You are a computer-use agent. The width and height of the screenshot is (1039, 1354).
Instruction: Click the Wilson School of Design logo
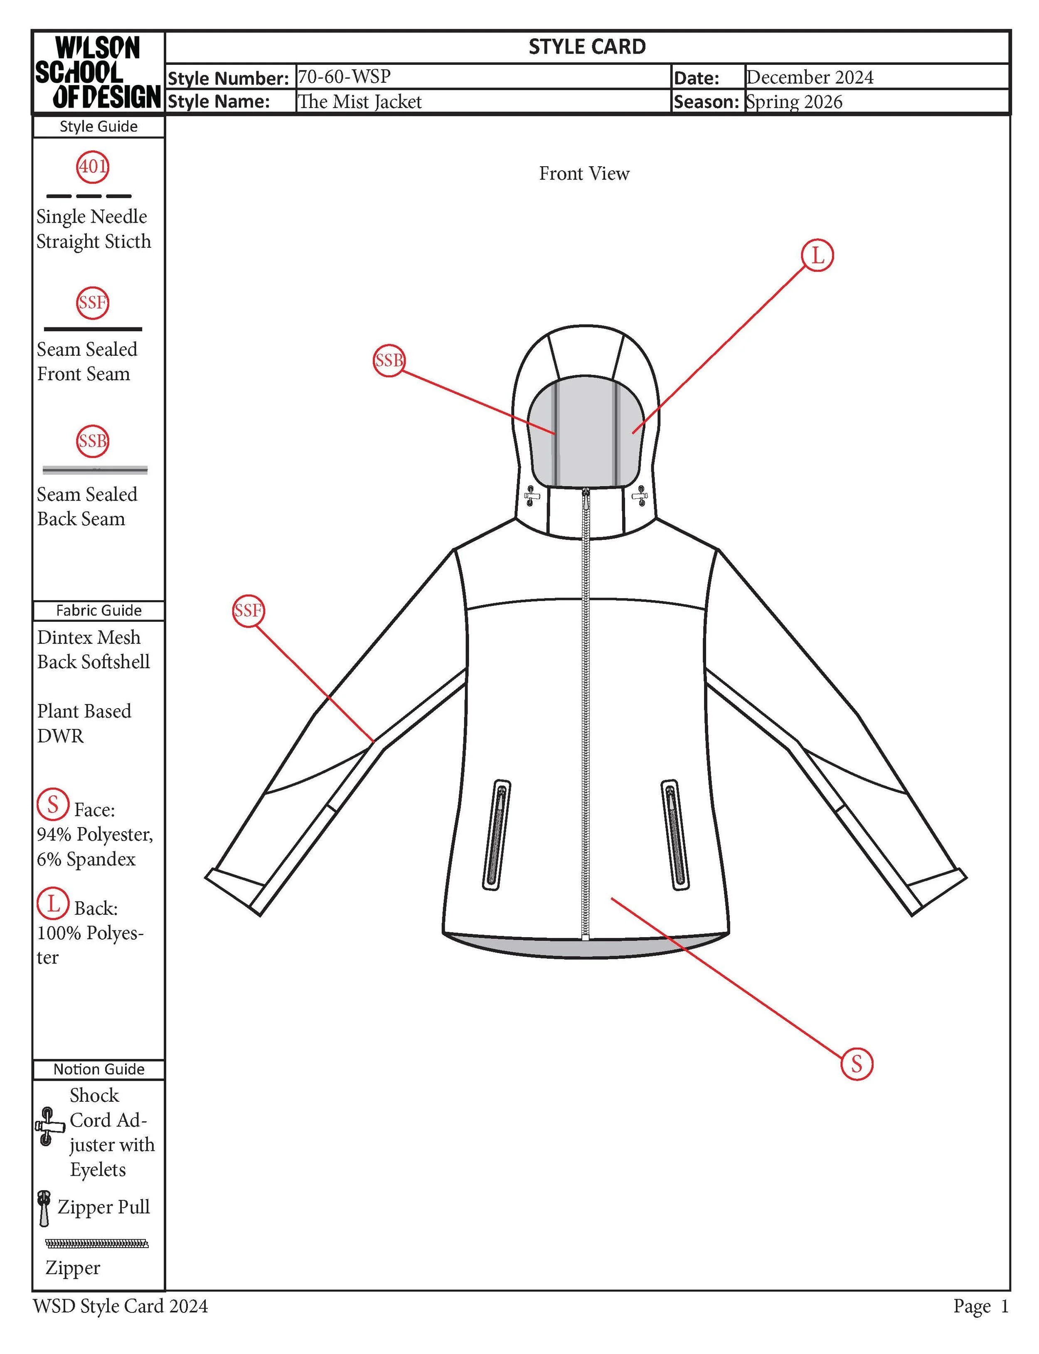98,72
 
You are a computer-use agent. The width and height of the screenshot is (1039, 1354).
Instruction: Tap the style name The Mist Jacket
359,101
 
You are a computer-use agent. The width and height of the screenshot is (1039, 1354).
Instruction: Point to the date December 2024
810,77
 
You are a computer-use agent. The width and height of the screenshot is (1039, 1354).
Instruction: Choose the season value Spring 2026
794,101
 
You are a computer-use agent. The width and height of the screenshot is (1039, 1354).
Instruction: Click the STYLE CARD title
587,47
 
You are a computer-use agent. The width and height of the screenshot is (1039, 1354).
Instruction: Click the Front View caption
584,174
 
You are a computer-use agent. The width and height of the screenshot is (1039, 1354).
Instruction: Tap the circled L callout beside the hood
817,255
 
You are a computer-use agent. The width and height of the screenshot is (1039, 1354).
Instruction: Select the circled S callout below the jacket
857,1064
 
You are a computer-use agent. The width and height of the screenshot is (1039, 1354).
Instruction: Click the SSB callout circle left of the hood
389,360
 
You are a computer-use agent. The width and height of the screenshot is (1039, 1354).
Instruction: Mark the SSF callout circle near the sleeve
248,611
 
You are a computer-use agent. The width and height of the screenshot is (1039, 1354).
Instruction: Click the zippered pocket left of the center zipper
497,835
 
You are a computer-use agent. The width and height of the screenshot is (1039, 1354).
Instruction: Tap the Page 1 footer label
981,1306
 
